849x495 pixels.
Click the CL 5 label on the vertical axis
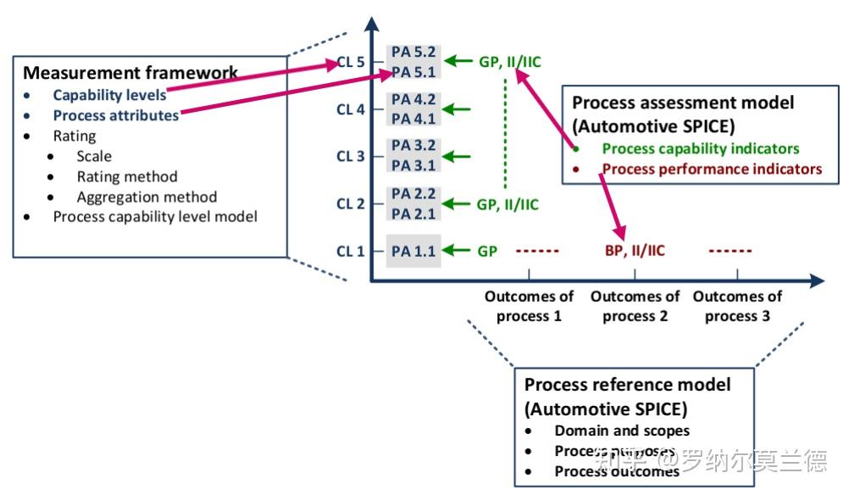[350, 63]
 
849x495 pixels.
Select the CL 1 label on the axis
[350, 251]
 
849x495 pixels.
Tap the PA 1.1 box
[413, 251]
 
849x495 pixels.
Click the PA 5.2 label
[413, 53]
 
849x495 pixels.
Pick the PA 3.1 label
[413, 166]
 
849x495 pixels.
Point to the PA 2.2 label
[413, 194]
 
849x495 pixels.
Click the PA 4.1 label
[413, 119]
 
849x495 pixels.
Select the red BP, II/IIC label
[635, 251]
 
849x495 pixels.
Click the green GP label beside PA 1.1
[487, 251]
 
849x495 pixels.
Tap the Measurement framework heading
[130, 73]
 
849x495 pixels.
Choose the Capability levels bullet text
[109, 95]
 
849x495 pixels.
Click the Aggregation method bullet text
[147, 197]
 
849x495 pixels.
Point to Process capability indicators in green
[701, 148]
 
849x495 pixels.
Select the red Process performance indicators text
[712, 169]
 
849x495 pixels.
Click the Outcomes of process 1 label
[529, 306]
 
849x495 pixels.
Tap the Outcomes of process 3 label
[737, 306]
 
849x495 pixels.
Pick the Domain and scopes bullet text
[622, 431]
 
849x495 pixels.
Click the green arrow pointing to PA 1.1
[458, 251]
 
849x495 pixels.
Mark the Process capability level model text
[155, 216]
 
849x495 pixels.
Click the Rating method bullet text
[127, 176]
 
